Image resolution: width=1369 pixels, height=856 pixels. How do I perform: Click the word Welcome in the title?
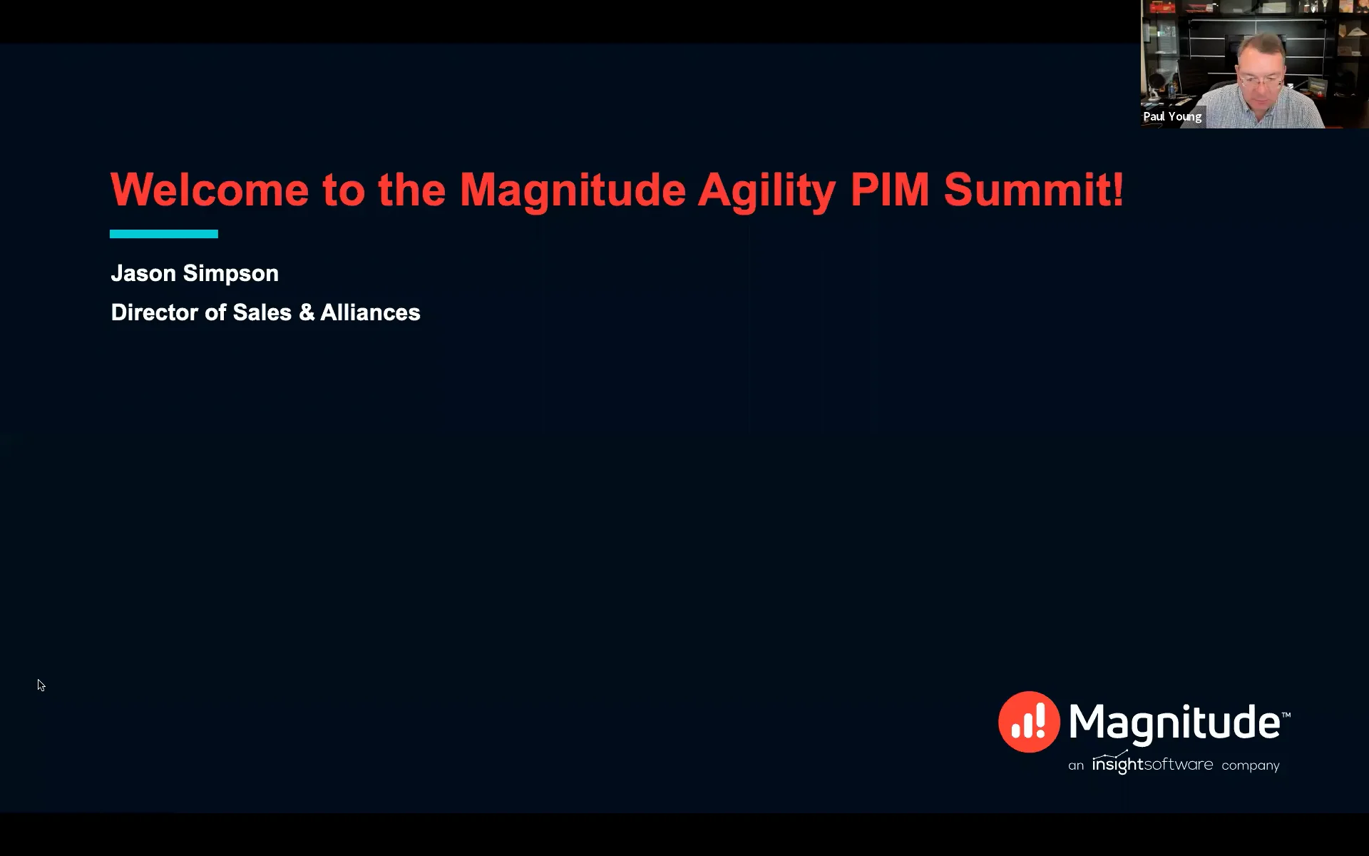coord(210,190)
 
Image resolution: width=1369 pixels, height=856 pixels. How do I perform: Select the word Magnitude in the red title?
coord(572,190)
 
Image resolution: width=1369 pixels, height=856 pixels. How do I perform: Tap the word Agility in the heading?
coord(766,191)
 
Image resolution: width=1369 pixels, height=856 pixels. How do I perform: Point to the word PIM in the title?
coord(890,190)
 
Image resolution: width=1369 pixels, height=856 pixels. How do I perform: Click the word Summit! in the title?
coord(1033,190)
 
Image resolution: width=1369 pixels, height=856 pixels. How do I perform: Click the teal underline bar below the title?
coord(163,234)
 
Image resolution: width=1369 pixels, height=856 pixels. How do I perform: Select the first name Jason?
coord(143,273)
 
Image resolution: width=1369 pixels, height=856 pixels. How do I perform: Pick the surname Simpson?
coord(230,274)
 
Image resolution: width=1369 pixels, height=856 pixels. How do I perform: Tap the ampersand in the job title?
coord(307,312)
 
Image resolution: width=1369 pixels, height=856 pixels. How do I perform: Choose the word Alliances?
coord(370,312)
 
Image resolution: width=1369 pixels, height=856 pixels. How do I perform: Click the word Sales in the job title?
coord(262,312)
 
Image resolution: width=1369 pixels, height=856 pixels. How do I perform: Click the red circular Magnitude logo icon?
coord(1029,722)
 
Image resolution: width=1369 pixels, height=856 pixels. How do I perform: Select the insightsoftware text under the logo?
coord(1152,765)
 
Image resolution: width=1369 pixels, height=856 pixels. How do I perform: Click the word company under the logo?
coord(1251,765)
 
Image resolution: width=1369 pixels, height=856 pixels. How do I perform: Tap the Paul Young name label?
coord(1172,116)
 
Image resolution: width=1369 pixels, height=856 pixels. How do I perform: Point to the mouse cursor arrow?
coord(41,685)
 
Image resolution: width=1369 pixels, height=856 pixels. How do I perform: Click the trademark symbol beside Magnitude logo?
coord(1286,713)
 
